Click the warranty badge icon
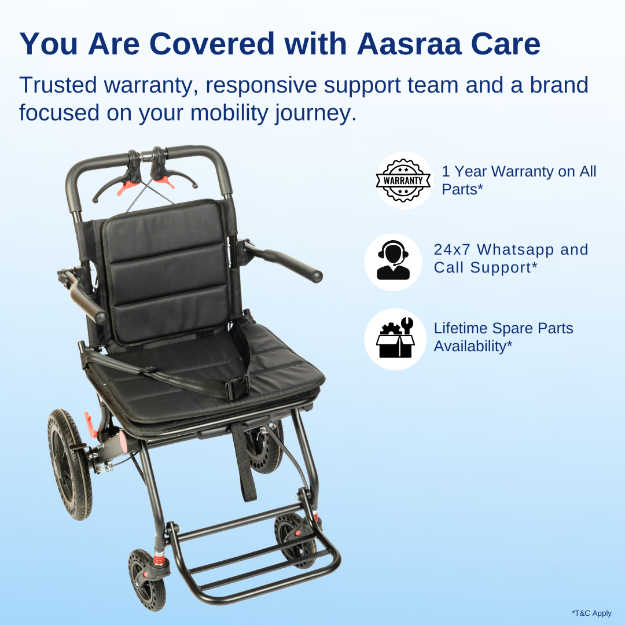click(x=403, y=181)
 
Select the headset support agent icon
click(x=393, y=262)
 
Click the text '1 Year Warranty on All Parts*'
click(x=519, y=180)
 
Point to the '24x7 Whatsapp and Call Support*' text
click(x=510, y=258)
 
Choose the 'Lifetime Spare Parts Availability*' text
click(x=503, y=337)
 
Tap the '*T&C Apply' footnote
click(x=591, y=613)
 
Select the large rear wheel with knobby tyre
click(x=69, y=463)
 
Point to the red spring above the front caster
click(x=157, y=559)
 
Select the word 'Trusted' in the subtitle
click(x=58, y=85)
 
